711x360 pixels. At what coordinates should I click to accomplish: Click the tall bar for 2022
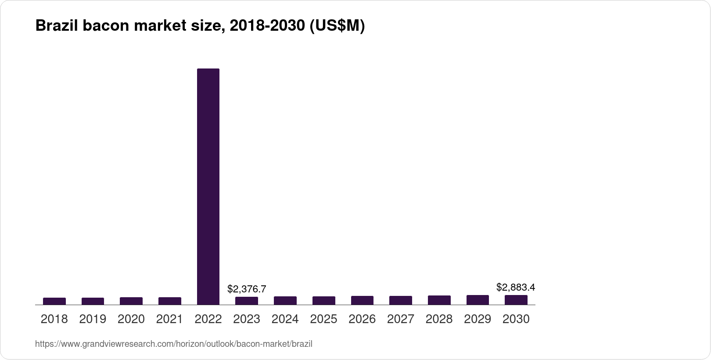(x=208, y=187)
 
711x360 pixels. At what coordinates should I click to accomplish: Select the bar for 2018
(x=54, y=301)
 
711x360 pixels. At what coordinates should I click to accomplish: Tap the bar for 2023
(x=247, y=301)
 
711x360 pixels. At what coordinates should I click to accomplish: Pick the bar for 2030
(x=516, y=300)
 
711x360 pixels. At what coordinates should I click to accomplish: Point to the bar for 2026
(x=362, y=300)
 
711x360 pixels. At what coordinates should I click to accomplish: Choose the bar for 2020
(x=131, y=301)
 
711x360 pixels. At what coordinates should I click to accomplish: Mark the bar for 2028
(x=439, y=300)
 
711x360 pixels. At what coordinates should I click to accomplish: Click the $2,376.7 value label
(x=247, y=289)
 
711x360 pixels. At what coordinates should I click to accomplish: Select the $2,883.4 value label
(x=516, y=287)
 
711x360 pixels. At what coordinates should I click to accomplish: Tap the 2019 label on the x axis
(x=93, y=319)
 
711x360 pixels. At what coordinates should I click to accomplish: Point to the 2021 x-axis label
(x=169, y=319)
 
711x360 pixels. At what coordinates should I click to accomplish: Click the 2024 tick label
(x=285, y=319)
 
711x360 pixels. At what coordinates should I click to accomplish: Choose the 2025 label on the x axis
(x=323, y=319)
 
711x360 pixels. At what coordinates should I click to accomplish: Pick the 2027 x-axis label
(x=401, y=319)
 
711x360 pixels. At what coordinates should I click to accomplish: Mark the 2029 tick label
(x=478, y=319)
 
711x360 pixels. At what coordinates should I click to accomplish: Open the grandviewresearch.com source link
(x=174, y=344)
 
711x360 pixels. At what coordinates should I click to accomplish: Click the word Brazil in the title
(x=57, y=25)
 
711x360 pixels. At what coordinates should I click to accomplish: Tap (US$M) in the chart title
(x=337, y=26)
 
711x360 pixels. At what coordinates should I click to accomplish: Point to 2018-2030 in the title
(x=267, y=25)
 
